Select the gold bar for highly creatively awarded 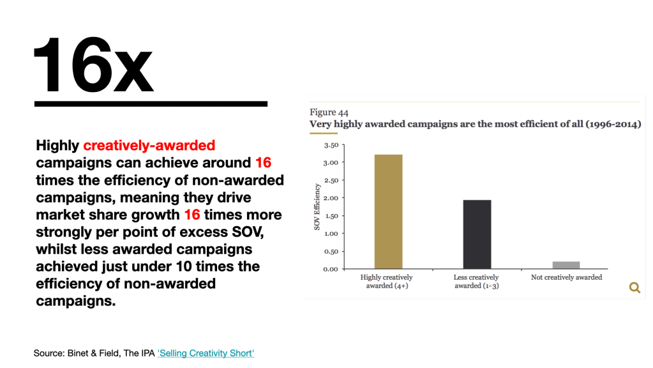click(388, 211)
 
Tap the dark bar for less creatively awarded click(477, 234)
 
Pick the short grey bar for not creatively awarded click(566, 264)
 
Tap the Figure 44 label click(329, 112)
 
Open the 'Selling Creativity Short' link click(206, 353)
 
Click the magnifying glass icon click(634, 287)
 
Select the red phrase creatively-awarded click(149, 146)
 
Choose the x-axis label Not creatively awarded click(566, 277)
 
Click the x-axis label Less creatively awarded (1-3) click(477, 281)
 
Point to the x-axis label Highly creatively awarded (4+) click(387, 281)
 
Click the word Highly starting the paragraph click(57, 146)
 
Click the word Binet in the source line click(79, 353)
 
